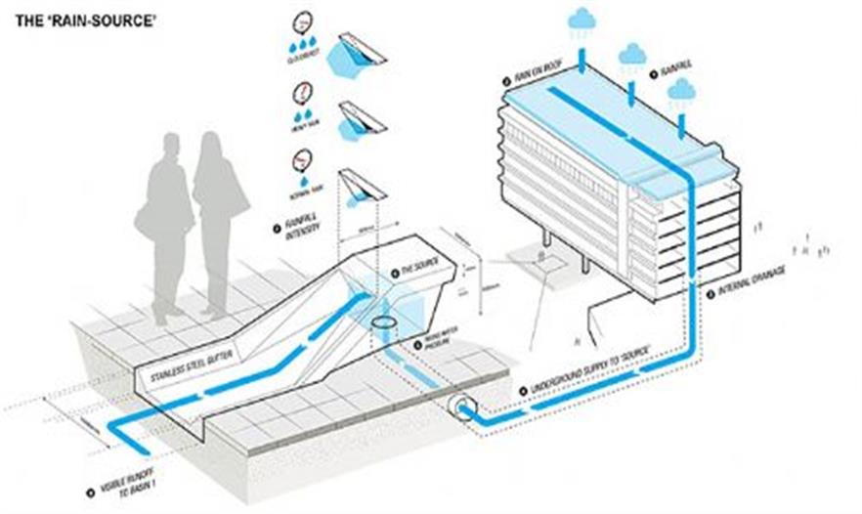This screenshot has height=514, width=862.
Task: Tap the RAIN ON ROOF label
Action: pyautogui.click(x=537, y=78)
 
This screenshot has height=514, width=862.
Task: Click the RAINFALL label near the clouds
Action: pyautogui.click(x=674, y=71)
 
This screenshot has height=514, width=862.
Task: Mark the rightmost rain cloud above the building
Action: pyautogui.click(x=680, y=92)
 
